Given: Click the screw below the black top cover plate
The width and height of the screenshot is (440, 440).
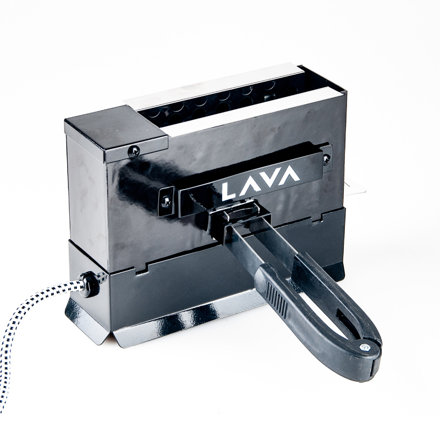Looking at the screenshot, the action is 134,152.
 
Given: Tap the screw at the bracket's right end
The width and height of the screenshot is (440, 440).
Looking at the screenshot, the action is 326,159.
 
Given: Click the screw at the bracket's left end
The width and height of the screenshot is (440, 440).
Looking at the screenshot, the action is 166,201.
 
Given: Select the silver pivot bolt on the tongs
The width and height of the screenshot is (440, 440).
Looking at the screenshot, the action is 364,348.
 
